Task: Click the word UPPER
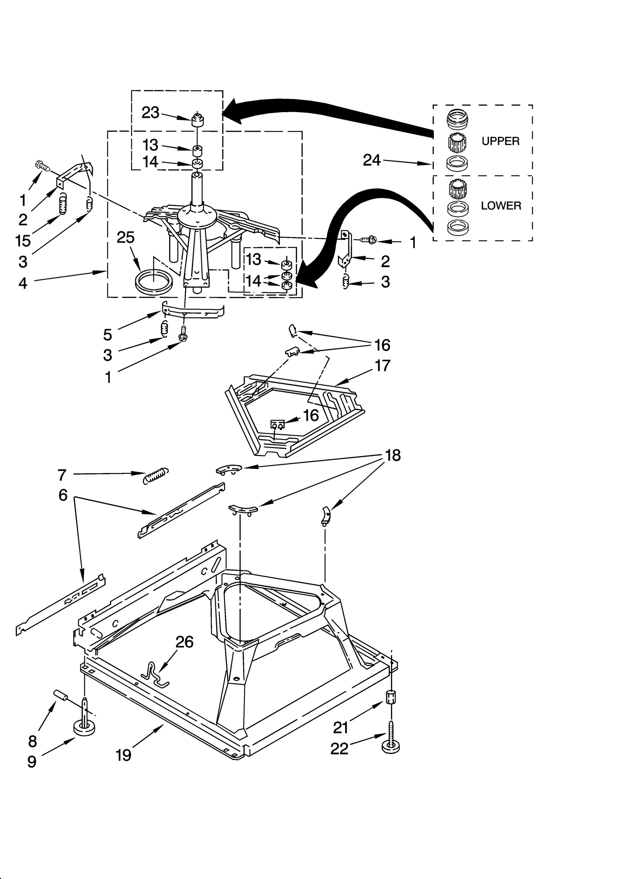pyautogui.click(x=500, y=141)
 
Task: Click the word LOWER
pyautogui.click(x=500, y=206)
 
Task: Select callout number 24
pyautogui.click(x=372, y=160)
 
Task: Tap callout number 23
pyautogui.click(x=150, y=113)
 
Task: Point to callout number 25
pyautogui.click(x=125, y=238)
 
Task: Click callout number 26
pyautogui.click(x=185, y=642)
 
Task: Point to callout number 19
pyautogui.click(x=123, y=754)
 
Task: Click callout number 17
pyautogui.click(x=383, y=365)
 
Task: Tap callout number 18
pyautogui.click(x=393, y=455)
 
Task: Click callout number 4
pyautogui.click(x=23, y=283)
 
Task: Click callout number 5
pyautogui.click(x=107, y=335)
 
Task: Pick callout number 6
pyautogui.click(x=63, y=495)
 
